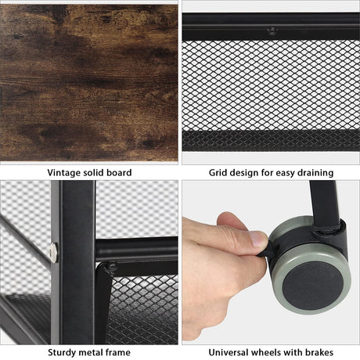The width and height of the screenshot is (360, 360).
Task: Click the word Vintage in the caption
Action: coord(64,173)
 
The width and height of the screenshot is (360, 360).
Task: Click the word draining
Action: coord(315,172)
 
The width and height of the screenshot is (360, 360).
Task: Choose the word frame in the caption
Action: coord(117,352)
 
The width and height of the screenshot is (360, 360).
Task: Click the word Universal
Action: coord(229,352)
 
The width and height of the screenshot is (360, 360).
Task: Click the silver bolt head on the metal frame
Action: coord(54,253)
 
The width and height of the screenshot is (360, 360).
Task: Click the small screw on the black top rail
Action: coord(272,31)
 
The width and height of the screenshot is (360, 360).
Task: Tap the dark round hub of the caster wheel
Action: coord(312,286)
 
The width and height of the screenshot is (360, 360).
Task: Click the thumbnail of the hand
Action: coord(258,239)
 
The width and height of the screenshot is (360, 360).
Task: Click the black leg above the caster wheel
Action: coord(324,203)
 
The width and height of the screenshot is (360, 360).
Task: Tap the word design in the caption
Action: coord(243,173)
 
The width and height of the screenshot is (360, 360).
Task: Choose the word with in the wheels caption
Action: coord(293,352)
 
